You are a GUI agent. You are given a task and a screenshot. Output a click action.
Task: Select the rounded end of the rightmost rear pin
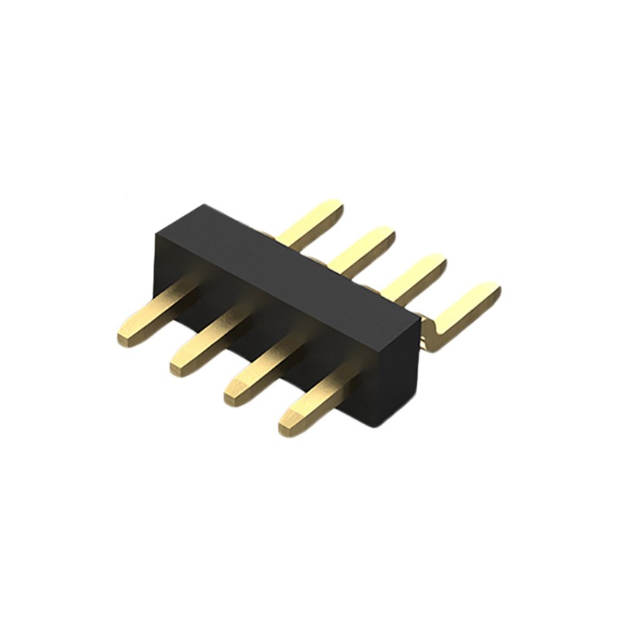(x=491, y=292)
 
